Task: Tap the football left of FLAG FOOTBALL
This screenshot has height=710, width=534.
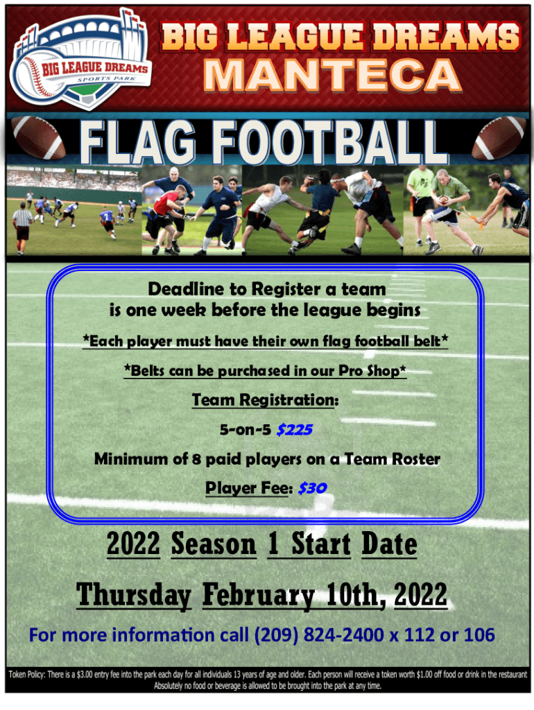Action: coord(40,137)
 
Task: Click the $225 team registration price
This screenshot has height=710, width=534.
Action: coord(294,430)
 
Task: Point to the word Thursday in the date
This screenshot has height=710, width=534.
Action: coord(133,595)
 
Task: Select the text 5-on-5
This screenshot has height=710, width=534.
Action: coord(246,430)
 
